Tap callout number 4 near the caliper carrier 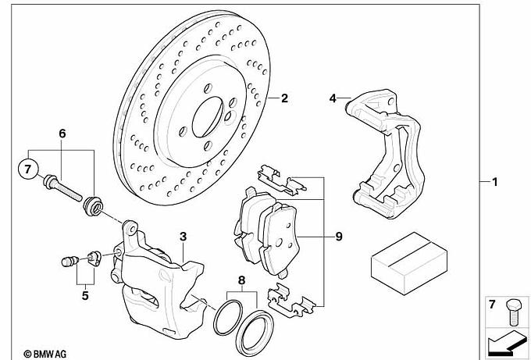pyautogui.click(x=332, y=98)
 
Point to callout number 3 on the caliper pyautogui.click(x=182, y=236)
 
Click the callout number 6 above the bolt pyautogui.click(x=60, y=134)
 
